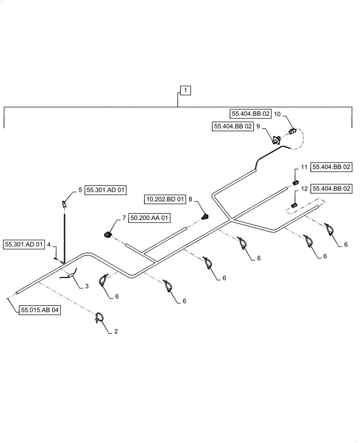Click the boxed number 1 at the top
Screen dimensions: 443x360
(x=185, y=90)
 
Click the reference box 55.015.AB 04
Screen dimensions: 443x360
(x=40, y=310)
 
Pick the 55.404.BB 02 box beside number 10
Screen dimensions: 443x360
(x=250, y=114)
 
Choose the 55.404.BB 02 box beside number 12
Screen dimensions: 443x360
(x=333, y=188)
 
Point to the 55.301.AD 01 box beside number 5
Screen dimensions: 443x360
(x=106, y=190)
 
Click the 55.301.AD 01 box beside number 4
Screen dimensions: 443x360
(x=23, y=244)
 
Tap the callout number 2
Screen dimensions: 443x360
(x=117, y=331)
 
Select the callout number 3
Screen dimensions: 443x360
(x=87, y=286)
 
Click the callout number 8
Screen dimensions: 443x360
(x=190, y=200)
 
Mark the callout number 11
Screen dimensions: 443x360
(x=304, y=167)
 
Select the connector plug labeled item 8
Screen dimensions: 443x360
(x=204, y=217)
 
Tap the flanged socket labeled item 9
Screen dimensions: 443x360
(x=277, y=141)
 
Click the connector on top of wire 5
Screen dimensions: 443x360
(x=65, y=203)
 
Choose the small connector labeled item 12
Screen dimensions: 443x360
(x=294, y=205)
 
